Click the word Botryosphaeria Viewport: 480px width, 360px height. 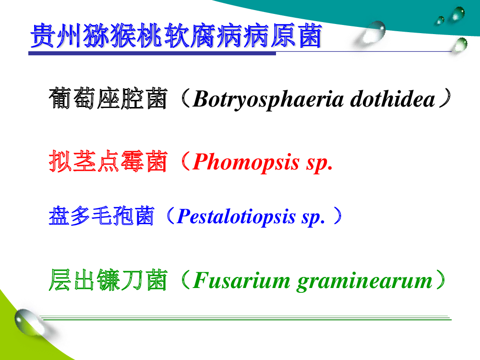pyautogui.click(x=268, y=99)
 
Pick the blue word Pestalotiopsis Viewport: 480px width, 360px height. pyautogui.click(x=236, y=217)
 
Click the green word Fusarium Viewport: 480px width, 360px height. pyautogui.click(x=241, y=280)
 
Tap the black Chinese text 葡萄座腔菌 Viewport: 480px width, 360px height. pyautogui.click(x=108, y=98)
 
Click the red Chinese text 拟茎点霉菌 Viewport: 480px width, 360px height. pyautogui.click(x=108, y=161)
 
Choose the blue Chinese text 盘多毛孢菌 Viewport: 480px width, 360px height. pyautogui.click(x=101, y=216)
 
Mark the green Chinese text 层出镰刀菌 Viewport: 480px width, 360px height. pyautogui.click(x=108, y=280)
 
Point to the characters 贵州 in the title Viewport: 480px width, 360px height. pyautogui.click(x=56, y=36)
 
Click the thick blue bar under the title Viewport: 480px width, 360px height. pyautogui.click(x=152, y=54)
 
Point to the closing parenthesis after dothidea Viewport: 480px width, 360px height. pyautogui.click(x=445, y=98)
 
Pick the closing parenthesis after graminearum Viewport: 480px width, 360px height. pyautogui.click(x=441, y=279)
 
